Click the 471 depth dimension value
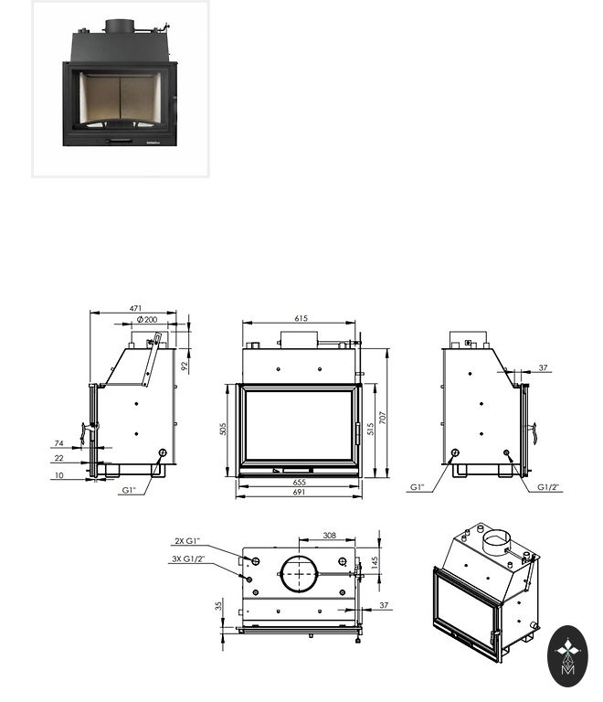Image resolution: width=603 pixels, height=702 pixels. pyautogui.click(x=135, y=308)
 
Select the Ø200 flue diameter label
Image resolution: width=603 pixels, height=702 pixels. pyautogui.click(x=147, y=319)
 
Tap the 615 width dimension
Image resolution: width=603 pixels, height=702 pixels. pyautogui.click(x=301, y=318)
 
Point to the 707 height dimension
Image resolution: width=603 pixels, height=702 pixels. pyautogui.click(x=382, y=418)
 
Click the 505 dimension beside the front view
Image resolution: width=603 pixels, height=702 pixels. pyautogui.click(x=223, y=429)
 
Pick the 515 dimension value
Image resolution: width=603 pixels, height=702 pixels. pyautogui.click(x=370, y=429)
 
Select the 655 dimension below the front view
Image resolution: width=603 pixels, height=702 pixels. pyautogui.click(x=300, y=483)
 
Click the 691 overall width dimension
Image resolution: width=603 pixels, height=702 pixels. pyautogui.click(x=299, y=492)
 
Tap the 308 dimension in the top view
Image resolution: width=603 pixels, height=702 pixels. pyautogui.click(x=329, y=535)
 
